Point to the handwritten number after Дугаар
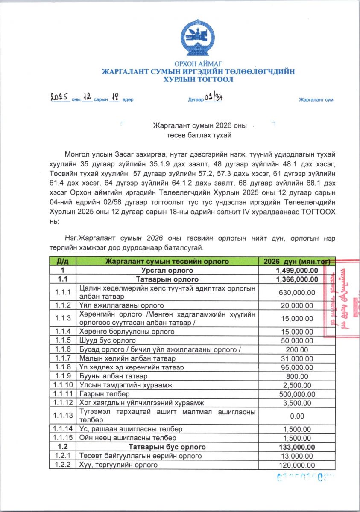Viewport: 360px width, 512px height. click(x=214, y=97)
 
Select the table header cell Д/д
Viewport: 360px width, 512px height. click(x=63, y=261)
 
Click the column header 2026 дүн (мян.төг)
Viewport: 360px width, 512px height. click(x=297, y=261)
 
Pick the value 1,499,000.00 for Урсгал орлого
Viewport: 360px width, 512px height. click(x=297, y=270)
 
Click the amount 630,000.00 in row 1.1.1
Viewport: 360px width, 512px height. click(x=297, y=292)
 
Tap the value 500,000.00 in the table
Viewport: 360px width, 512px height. click(x=297, y=394)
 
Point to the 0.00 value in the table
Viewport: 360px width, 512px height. click(x=297, y=416)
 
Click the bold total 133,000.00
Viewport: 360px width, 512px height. click(x=297, y=447)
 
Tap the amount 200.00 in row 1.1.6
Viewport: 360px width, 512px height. click(x=297, y=349)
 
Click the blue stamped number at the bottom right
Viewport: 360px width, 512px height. click(x=305, y=477)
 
